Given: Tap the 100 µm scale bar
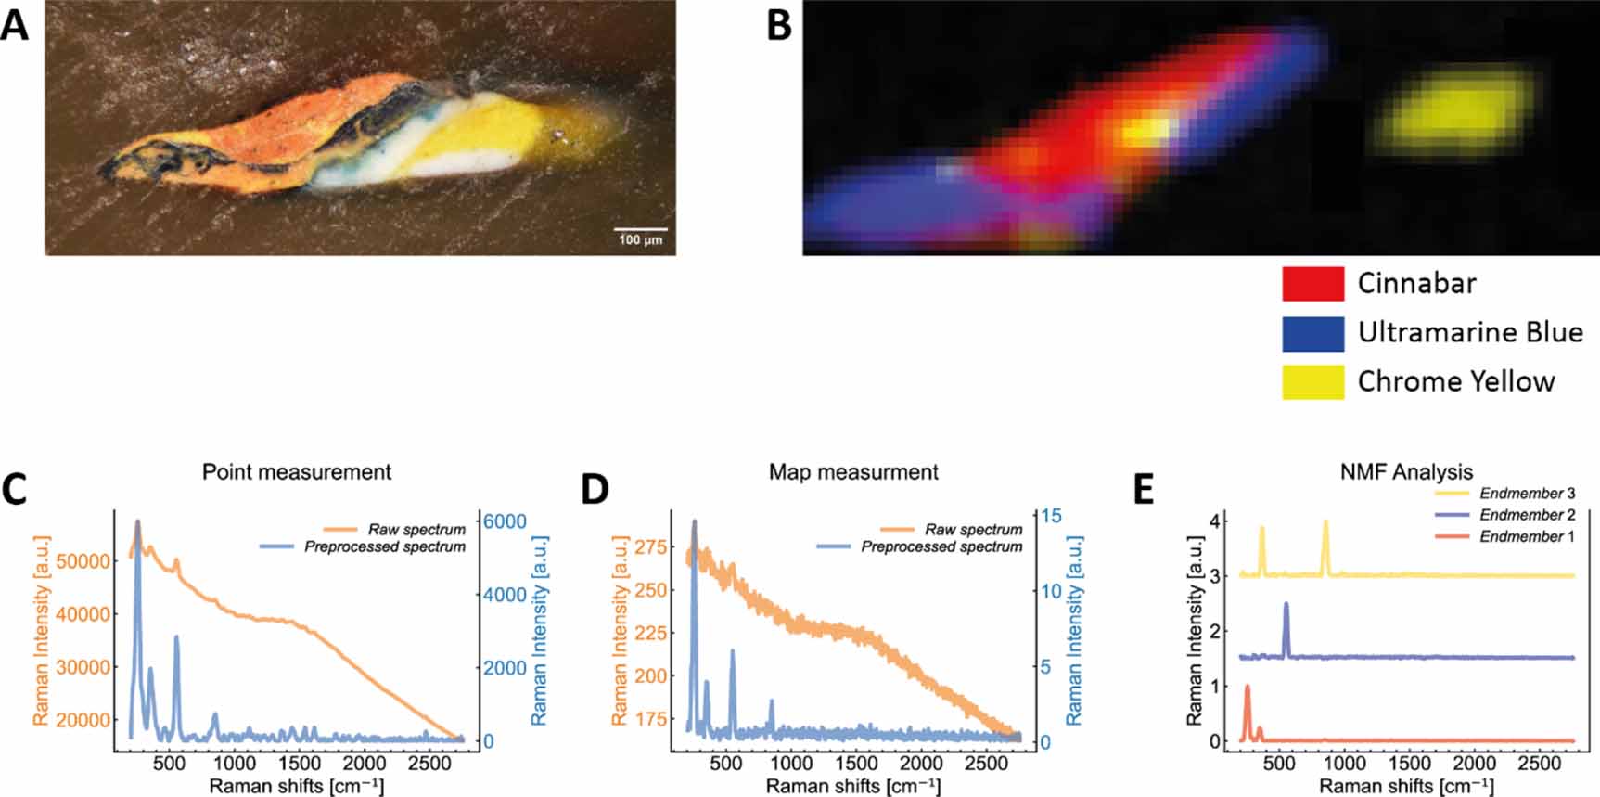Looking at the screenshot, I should coord(640,229).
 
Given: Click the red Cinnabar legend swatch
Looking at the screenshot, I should coord(1312,284).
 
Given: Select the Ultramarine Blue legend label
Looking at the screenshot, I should coord(1469,332).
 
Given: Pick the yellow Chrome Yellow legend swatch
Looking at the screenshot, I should coord(1312,381).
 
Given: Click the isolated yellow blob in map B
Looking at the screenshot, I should coord(1456,112).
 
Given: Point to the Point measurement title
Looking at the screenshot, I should coord(297,471).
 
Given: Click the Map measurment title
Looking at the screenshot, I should coord(853,471).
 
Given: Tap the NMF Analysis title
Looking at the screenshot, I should coord(1406,471).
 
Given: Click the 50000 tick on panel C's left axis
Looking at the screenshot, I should coord(83,561).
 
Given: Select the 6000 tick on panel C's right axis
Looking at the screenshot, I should coord(505,521).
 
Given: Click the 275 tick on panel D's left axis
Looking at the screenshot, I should coord(650,546).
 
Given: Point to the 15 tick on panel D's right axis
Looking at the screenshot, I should coord(1052,516).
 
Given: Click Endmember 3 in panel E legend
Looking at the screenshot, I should coord(1527,494).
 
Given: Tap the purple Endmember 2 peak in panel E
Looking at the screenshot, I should coord(1286,605).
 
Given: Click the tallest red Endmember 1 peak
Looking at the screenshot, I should coord(1248,688).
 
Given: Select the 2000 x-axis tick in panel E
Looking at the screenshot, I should coord(1474,763).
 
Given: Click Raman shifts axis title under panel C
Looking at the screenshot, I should coord(297,786).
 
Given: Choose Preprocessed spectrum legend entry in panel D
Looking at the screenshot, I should coord(941,546).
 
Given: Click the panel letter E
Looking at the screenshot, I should coord(1145,489).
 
